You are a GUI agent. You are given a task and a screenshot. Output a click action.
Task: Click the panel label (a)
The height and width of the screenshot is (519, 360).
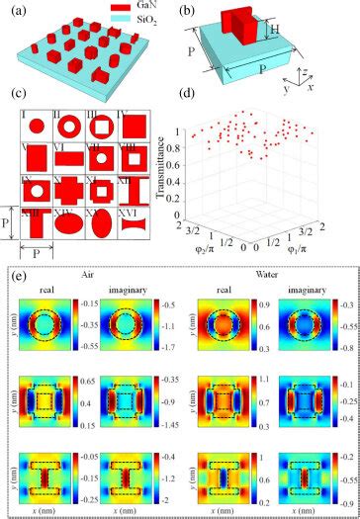click(22, 11)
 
